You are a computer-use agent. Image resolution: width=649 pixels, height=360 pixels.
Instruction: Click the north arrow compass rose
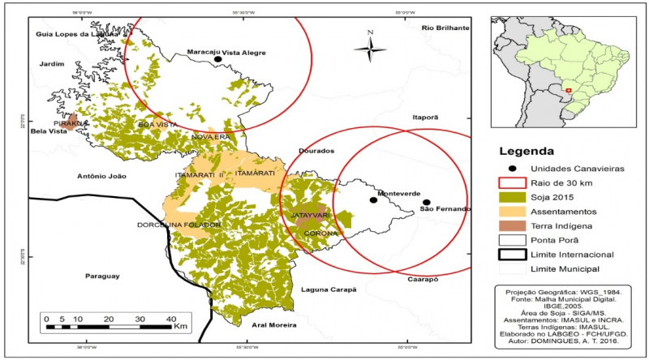(370, 49)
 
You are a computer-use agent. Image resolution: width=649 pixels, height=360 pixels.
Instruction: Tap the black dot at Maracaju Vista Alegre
(217, 59)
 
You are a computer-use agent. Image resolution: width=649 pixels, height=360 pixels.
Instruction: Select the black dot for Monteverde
(373, 199)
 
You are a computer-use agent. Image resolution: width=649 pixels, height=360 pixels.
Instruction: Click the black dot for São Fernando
(427, 203)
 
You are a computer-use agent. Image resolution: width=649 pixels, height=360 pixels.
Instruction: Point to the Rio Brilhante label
(445, 28)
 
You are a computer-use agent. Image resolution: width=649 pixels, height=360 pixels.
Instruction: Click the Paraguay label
(101, 276)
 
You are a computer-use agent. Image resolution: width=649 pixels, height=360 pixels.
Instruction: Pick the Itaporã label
(425, 118)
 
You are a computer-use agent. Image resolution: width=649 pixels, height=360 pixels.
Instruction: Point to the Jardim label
(50, 64)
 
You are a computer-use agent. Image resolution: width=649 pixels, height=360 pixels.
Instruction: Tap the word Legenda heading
(527, 151)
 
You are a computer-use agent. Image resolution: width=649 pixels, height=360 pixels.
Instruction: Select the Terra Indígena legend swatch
(508, 225)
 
